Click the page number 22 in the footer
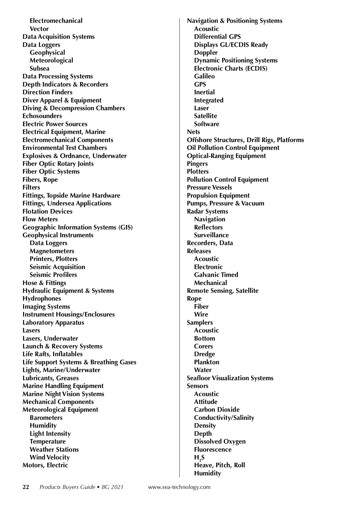click(26, 487)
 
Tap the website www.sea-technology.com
click(179, 487)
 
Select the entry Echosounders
click(42, 116)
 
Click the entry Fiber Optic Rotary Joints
click(58, 164)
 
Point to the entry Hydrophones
click(42, 298)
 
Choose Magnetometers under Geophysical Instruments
click(52, 251)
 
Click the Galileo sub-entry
click(204, 76)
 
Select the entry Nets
click(193, 132)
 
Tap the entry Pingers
click(197, 164)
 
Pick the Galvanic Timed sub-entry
click(216, 275)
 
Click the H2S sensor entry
click(199, 458)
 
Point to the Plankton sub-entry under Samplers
click(207, 362)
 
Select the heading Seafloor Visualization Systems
click(230, 378)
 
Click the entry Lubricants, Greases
click(51, 378)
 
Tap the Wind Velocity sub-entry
click(50, 457)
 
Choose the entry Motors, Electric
click(45, 465)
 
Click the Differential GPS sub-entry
click(217, 37)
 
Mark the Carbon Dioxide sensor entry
click(217, 410)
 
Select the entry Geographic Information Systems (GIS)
click(78, 227)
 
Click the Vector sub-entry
click(39, 29)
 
